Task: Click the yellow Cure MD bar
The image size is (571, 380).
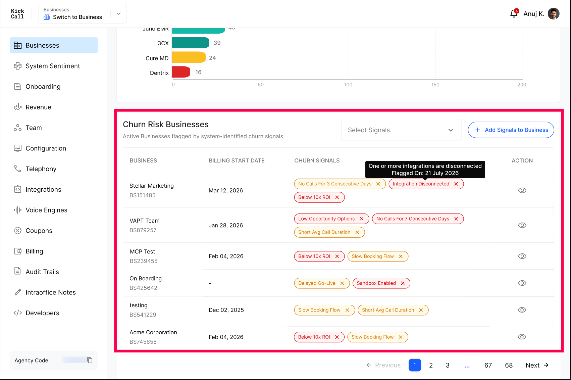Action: click(189, 57)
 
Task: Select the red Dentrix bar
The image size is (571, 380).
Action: click(181, 72)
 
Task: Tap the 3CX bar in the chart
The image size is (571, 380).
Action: click(191, 43)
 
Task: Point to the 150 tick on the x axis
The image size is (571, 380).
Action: click(435, 85)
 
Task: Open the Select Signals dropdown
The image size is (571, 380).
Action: click(402, 130)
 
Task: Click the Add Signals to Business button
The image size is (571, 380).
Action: click(511, 130)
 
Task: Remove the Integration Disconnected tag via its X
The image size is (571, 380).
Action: click(456, 184)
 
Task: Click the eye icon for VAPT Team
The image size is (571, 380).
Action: click(522, 225)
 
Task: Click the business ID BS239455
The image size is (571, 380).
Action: click(144, 261)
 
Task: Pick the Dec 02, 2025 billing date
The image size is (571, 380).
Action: click(226, 310)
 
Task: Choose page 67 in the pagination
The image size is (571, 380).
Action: click(488, 365)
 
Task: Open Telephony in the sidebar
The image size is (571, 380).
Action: click(41, 169)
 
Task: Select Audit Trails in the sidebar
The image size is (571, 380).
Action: click(42, 272)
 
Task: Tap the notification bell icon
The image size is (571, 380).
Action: click(514, 13)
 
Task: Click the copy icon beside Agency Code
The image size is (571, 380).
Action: click(90, 360)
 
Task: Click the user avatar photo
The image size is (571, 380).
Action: click(554, 13)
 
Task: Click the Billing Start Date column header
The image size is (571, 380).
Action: click(237, 160)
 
